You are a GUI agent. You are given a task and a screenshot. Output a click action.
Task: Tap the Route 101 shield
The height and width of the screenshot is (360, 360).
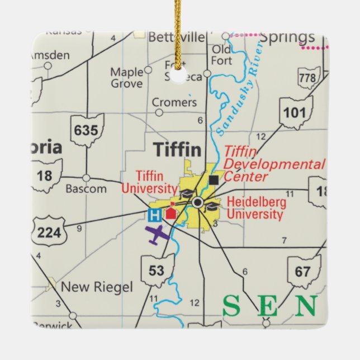[295, 112]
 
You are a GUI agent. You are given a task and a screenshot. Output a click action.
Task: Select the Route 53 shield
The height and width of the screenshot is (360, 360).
[157, 271]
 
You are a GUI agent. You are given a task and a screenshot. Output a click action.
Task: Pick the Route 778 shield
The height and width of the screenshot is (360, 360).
[307, 78]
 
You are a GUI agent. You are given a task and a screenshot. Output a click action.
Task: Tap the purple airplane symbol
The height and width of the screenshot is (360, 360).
[158, 235]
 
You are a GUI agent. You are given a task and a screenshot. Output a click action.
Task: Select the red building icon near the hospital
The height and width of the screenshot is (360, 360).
[170, 212]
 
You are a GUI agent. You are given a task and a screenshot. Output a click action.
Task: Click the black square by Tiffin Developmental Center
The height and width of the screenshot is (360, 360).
[214, 179]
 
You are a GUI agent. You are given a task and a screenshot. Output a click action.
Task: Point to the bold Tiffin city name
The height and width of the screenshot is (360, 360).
[177, 149]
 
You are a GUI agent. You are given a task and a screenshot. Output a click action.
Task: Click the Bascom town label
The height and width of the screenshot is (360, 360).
[86, 189]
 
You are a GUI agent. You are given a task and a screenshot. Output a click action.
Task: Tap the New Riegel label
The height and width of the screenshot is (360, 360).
[97, 287]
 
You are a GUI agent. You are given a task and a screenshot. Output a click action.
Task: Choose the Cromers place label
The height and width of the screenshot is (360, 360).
[175, 103]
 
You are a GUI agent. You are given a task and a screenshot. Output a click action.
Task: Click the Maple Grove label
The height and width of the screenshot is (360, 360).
[126, 78]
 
